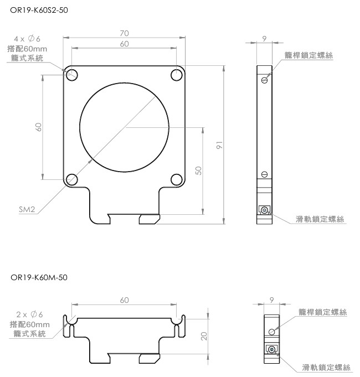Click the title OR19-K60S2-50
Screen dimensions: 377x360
click(x=40, y=9)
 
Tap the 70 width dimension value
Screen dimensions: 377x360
click(x=124, y=33)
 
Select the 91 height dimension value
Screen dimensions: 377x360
click(x=219, y=145)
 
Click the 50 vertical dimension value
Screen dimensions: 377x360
click(x=198, y=171)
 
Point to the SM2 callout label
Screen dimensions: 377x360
click(x=27, y=210)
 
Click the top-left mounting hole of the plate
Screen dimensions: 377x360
click(x=71, y=75)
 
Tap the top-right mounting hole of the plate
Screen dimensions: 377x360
click(x=177, y=75)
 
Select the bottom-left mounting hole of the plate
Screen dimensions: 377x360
click(x=71, y=179)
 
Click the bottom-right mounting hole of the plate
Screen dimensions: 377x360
click(x=177, y=179)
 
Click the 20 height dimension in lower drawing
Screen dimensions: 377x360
click(x=204, y=335)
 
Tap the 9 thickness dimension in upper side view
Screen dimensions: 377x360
click(x=265, y=38)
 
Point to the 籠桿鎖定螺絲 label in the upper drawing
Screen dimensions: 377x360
click(x=308, y=55)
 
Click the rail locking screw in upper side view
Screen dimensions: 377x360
click(x=265, y=210)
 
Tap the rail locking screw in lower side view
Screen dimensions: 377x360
click(x=271, y=349)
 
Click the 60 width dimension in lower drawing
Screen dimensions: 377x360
click(x=124, y=300)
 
